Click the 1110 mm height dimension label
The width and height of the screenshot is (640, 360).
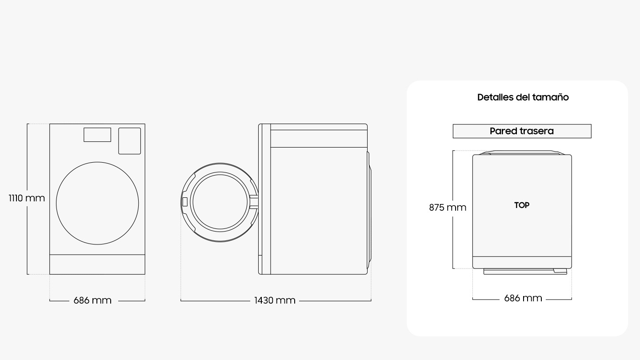[27, 198]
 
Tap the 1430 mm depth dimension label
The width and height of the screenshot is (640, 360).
[275, 300]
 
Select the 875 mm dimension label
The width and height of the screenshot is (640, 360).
[448, 207]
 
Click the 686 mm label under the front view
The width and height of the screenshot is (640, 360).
[92, 300]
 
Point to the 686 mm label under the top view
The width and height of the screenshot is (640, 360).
[523, 298]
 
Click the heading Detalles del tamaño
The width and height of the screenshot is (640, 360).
[523, 97]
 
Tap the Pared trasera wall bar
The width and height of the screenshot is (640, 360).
[522, 131]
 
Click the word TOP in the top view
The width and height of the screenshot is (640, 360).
[522, 205]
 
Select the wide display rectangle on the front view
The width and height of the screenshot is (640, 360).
[97, 135]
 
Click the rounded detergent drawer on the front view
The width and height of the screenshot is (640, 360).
[129, 141]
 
